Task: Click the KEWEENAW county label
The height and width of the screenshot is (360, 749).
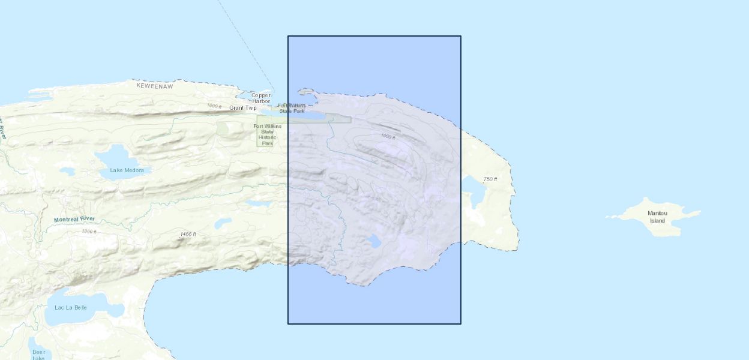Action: [x=154, y=86]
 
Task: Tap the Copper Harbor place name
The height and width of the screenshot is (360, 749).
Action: [x=261, y=98]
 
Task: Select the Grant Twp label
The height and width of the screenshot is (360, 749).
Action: [x=242, y=108]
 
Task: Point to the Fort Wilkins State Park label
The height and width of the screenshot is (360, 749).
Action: [x=292, y=108]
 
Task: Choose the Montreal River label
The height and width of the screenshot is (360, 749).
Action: [x=74, y=220]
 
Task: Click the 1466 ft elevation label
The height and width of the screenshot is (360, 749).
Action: [x=188, y=234]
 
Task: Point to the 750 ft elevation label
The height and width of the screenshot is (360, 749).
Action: [x=490, y=180]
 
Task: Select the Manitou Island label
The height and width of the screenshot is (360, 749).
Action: [x=657, y=217]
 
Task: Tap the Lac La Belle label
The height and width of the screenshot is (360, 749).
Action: [x=71, y=308]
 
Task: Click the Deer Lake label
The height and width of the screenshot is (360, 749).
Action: [x=39, y=355]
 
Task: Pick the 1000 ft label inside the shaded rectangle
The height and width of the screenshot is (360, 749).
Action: [x=388, y=137]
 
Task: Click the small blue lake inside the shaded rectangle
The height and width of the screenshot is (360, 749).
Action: [x=374, y=241]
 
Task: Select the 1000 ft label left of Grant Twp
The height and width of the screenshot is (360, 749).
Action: [x=214, y=106]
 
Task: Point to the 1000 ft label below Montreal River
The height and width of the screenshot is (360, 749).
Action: [x=89, y=231]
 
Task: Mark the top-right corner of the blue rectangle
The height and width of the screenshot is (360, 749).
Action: [x=461, y=36]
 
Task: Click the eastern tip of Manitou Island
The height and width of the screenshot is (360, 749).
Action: [x=699, y=211]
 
